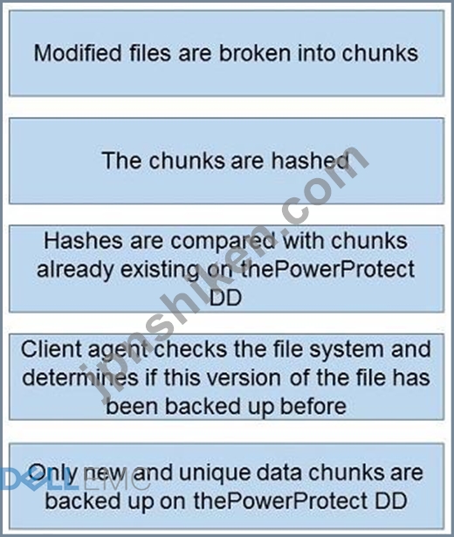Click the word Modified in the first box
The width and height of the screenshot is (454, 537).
(78, 53)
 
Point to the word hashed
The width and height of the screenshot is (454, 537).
(310, 161)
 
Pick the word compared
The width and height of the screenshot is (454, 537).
(223, 242)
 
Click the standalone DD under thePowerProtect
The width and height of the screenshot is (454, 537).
(226, 297)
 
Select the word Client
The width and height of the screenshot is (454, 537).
(52, 349)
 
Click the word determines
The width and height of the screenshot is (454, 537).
(80, 378)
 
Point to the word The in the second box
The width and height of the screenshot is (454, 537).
(121, 161)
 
